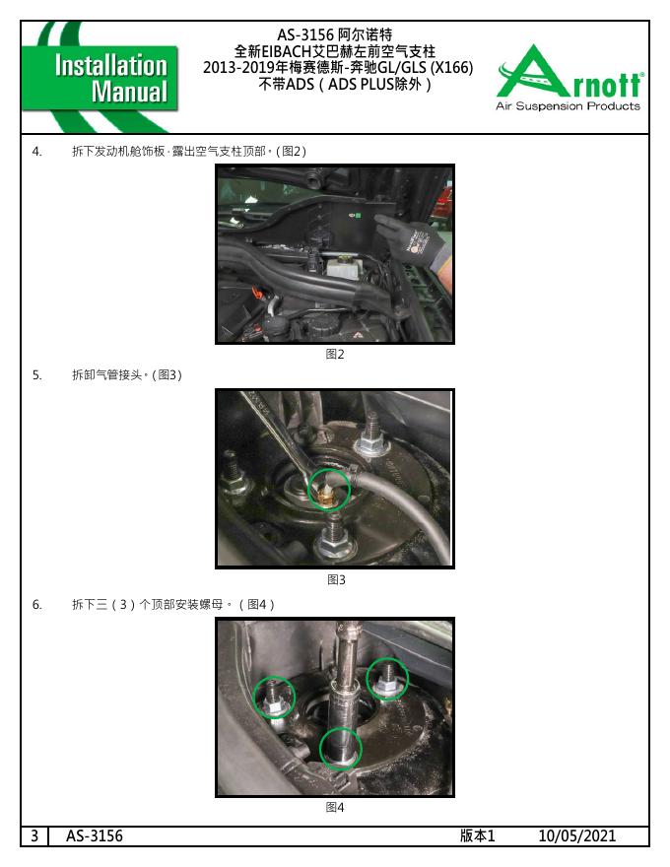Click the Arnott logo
tap(569, 78)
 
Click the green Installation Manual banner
tap(100, 78)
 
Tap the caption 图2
tap(334, 354)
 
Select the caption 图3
tap(336, 579)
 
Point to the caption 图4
tap(334, 807)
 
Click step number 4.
tap(36, 152)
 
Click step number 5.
tap(36, 375)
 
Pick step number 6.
tap(36, 604)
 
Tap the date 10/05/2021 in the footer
tap(576, 835)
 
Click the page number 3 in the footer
tap(34, 835)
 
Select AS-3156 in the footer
tap(94, 835)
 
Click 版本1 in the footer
tap(477, 835)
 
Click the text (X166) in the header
tap(451, 67)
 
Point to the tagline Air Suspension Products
tap(568, 105)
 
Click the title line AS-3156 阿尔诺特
tap(334, 34)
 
